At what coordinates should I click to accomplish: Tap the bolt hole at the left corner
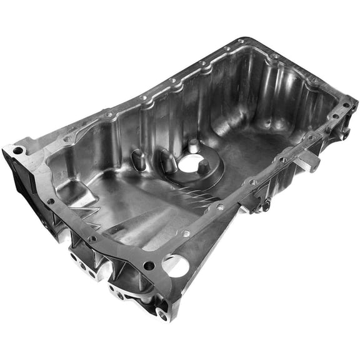tap(18, 151)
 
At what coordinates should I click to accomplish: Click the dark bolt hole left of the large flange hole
tap(149, 265)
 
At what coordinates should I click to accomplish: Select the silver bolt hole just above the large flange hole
tap(185, 233)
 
